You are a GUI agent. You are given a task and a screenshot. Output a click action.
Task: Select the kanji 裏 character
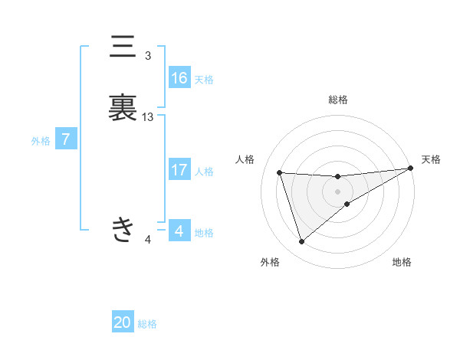(x=123, y=108)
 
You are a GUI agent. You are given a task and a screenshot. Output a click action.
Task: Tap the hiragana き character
(x=123, y=227)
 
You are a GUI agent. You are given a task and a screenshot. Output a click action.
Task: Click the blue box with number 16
(x=179, y=78)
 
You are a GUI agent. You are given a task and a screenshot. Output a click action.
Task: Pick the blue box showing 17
(x=179, y=170)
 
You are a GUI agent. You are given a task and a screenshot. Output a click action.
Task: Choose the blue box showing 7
(x=66, y=139)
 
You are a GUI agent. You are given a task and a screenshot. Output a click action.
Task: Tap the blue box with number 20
(x=123, y=322)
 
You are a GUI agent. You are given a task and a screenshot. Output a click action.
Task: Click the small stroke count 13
(x=148, y=117)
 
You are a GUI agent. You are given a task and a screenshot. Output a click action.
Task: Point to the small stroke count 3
(x=148, y=56)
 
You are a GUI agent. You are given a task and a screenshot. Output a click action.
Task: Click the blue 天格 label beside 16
(x=204, y=80)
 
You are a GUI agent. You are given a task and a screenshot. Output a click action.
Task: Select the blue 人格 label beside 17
(x=204, y=172)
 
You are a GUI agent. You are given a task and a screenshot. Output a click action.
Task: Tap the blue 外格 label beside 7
(x=41, y=141)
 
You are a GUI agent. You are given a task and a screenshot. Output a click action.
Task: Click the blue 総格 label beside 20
(x=147, y=324)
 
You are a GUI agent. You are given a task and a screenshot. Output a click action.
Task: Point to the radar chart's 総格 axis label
(x=338, y=100)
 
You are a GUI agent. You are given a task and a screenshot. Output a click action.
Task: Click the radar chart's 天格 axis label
(x=431, y=159)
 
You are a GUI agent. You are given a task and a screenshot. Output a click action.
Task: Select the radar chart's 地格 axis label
(x=402, y=262)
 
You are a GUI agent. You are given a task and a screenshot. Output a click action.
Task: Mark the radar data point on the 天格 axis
(x=411, y=169)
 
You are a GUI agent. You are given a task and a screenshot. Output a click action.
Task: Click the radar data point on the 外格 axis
(x=301, y=242)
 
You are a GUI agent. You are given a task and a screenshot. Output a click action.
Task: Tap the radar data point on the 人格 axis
(x=280, y=172)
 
